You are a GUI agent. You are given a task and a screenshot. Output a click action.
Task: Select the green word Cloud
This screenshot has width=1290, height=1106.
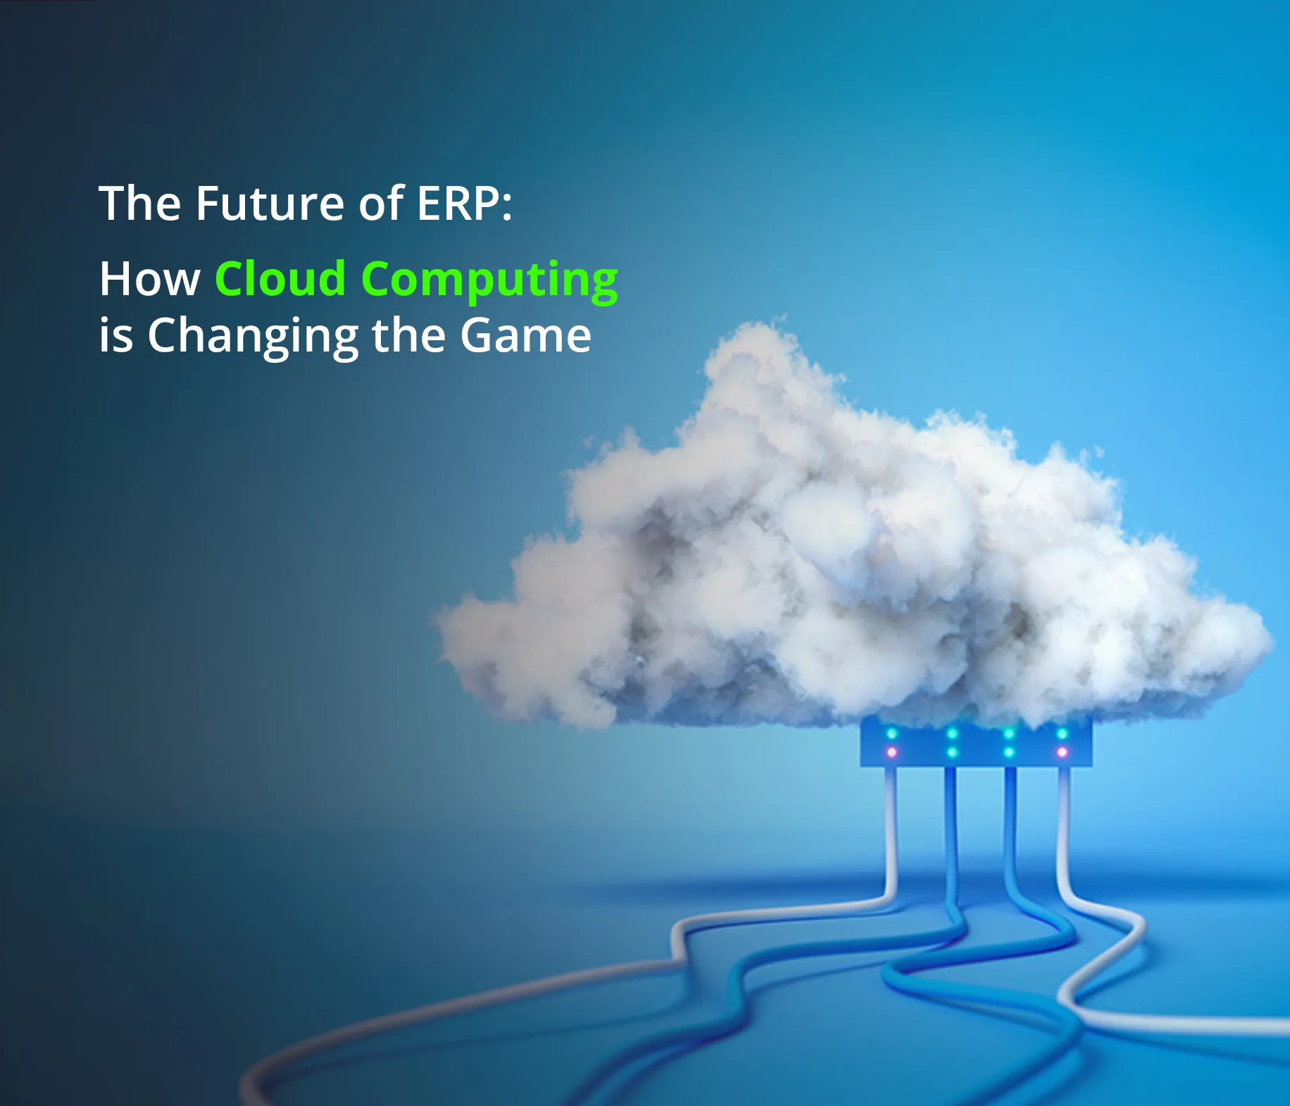tap(280, 279)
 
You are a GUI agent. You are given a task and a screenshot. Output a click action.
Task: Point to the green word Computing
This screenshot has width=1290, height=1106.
tap(489, 280)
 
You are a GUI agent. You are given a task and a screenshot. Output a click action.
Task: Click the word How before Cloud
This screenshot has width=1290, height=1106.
tap(149, 279)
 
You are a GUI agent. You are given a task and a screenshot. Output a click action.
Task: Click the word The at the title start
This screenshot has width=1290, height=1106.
tap(140, 204)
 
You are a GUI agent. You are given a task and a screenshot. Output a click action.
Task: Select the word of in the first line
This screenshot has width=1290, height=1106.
tap(381, 204)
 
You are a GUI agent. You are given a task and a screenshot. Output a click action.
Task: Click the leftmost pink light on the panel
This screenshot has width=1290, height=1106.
tap(892, 752)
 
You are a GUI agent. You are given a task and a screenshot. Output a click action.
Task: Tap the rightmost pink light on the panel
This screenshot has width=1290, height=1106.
tap(1063, 752)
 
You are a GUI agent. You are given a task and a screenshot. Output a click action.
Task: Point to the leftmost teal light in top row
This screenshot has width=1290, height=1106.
tap(892, 734)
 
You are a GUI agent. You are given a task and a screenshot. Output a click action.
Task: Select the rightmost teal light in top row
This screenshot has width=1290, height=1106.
tap(1063, 734)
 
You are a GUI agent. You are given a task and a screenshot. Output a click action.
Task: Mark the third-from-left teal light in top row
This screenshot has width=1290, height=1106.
tap(1009, 734)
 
